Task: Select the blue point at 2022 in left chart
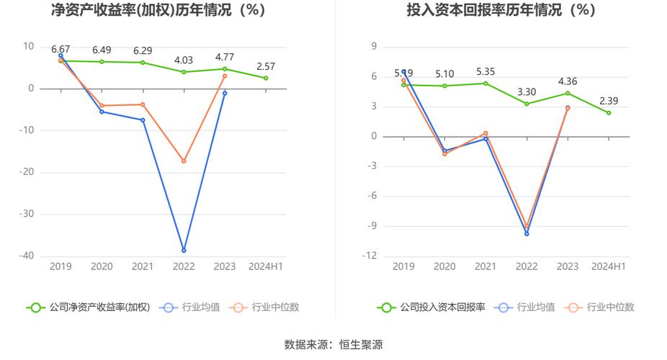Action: point(184,251)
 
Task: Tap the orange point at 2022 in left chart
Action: point(184,161)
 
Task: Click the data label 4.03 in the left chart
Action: point(184,60)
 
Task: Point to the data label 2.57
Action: point(266,66)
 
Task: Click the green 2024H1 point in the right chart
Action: point(609,113)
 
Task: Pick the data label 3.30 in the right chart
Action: point(527,91)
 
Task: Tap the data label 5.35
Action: point(485,71)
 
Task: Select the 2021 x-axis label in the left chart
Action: point(143,266)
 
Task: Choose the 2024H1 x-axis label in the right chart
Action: point(609,266)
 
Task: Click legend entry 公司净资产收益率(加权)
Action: point(89,307)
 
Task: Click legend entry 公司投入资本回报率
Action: point(432,307)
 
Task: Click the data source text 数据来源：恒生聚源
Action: point(333,344)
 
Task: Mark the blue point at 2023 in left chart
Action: point(225,93)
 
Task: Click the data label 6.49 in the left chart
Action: point(102,50)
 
